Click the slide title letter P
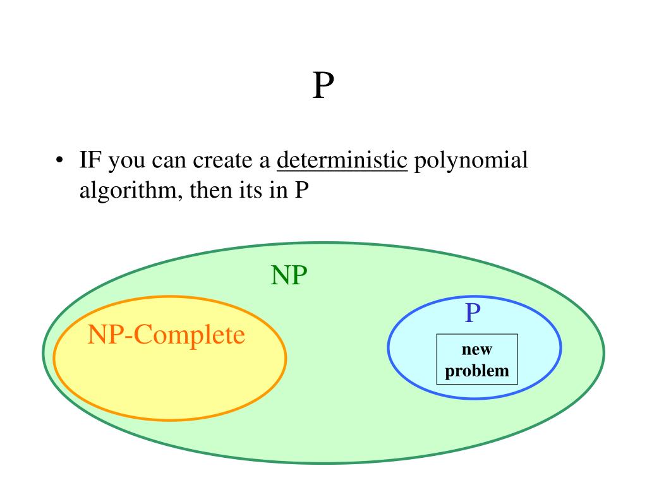click(322, 87)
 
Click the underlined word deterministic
click(342, 161)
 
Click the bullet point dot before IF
click(58, 162)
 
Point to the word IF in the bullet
click(91, 161)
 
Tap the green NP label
click(289, 276)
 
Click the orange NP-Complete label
click(166, 335)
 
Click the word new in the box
click(477, 349)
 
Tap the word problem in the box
click(477, 370)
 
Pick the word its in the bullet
click(253, 190)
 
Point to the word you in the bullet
click(128, 161)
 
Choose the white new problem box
click(477, 359)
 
